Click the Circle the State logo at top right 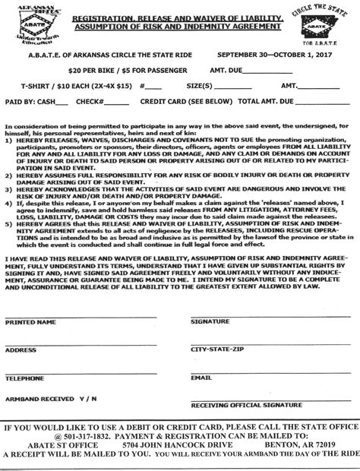point(331,26)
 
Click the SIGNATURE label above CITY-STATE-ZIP point(210,323)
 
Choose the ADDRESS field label point(21,350)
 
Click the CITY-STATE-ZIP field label point(218,350)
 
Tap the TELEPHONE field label point(25,378)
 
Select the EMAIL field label point(200,378)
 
